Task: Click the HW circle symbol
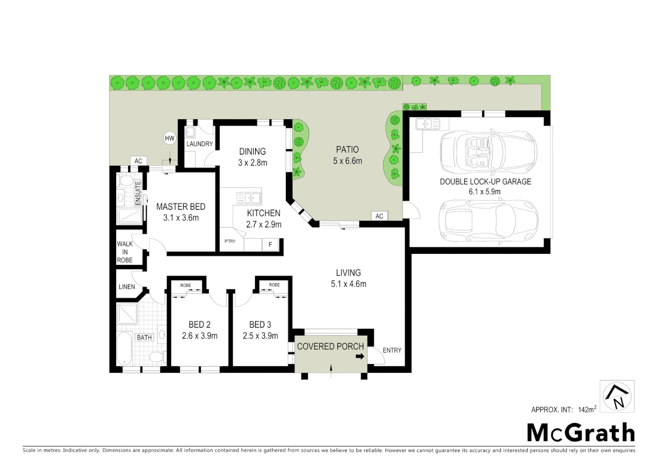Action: pos(170,138)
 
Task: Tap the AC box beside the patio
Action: pos(379,216)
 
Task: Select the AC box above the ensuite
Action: pos(138,161)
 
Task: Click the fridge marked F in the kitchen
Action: pos(270,244)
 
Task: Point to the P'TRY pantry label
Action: pos(230,241)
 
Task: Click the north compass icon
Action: pos(617,396)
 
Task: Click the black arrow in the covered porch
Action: pos(360,356)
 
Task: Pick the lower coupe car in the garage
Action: pos(488,221)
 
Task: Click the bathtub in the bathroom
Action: pos(124,348)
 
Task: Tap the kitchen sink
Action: pos(249,198)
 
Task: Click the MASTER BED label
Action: pos(180,207)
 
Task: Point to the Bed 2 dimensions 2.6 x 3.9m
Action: pos(199,336)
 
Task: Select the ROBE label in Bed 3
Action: pos(274,285)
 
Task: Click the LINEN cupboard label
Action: pos(126,287)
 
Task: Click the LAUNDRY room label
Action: pos(199,144)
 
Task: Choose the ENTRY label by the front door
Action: pos(392,350)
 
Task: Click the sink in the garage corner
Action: pos(427,124)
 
